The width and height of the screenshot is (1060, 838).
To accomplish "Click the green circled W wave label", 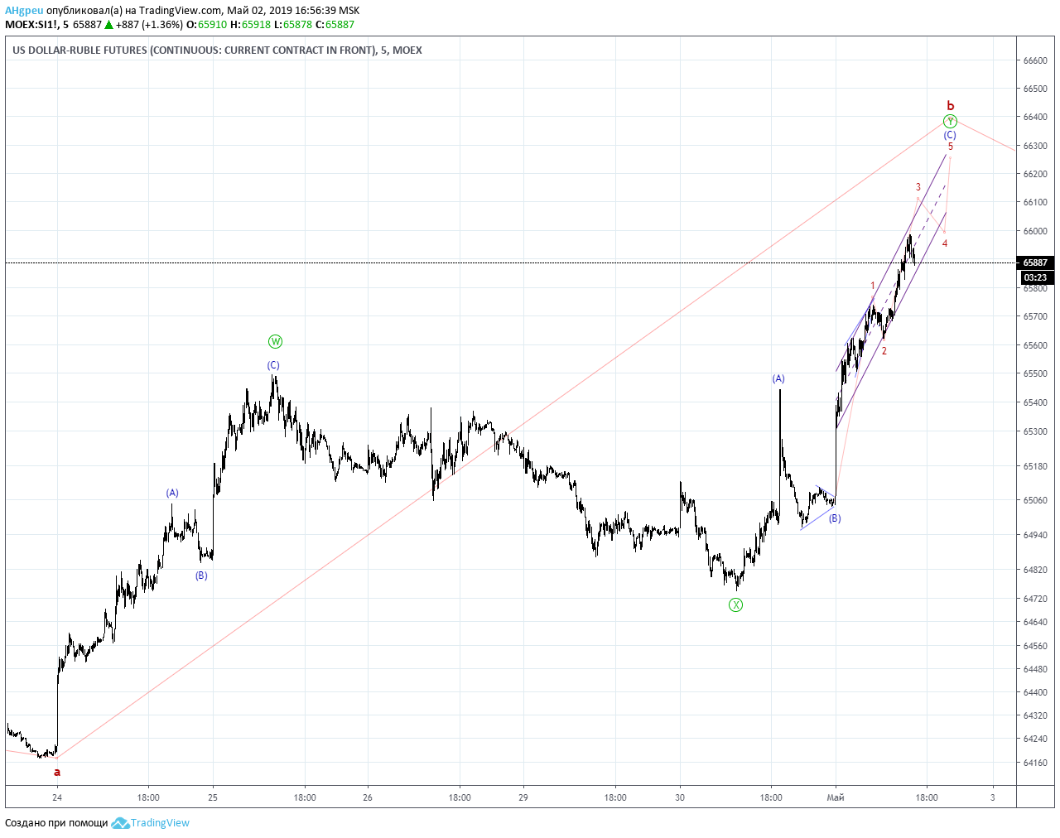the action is (x=275, y=341).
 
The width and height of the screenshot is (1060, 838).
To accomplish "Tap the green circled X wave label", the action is (x=735, y=605).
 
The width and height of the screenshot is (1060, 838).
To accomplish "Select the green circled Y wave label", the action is (x=950, y=121).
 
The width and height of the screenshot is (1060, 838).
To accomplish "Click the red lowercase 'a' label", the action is (x=57, y=773).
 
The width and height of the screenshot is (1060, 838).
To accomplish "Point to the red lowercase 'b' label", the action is (x=950, y=105).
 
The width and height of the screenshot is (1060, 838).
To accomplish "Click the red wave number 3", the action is (x=918, y=187).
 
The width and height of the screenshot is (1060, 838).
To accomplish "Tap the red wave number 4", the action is (x=944, y=243).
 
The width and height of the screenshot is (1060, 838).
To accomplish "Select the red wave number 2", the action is (x=884, y=351).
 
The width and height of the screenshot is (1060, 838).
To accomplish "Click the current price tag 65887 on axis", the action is (x=1035, y=262).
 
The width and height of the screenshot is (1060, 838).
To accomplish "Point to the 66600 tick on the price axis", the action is (x=1035, y=60).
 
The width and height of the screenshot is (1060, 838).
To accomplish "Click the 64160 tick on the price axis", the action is (x=1035, y=763).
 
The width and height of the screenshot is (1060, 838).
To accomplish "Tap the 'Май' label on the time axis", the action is (x=836, y=797).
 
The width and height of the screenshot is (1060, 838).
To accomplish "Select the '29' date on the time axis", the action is (x=523, y=797).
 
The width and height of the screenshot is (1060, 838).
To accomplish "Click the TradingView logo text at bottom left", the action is (x=159, y=823).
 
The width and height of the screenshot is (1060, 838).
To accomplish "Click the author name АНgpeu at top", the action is (x=24, y=10).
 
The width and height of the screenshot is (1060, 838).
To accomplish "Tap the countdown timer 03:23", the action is (x=1035, y=277).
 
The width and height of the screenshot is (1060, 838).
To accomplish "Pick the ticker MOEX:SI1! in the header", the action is (x=31, y=25).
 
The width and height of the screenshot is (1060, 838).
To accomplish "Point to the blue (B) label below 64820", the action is (x=201, y=576).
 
